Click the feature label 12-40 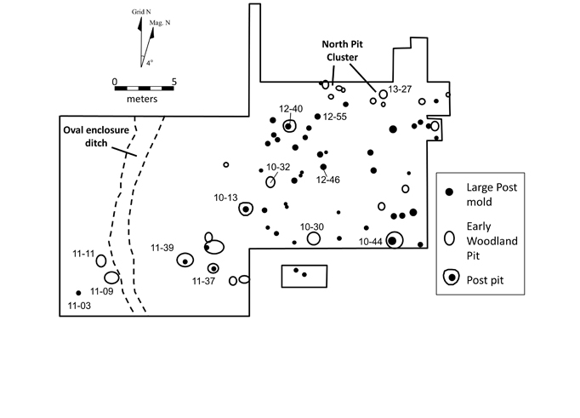click(x=291, y=108)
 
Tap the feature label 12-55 click(x=336, y=116)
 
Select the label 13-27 click(x=401, y=89)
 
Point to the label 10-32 click(x=278, y=167)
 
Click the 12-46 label click(x=328, y=180)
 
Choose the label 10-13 click(x=225, y=198)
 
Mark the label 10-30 click(x=312, y=226)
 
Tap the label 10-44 click(x=371, y=242)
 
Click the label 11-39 click(x=162, y=248)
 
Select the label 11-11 click(x=83, y=254)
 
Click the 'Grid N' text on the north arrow click(x=140, y=14)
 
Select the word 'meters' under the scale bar click(x=144, y=99)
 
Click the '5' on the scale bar click(x=174, y=82)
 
